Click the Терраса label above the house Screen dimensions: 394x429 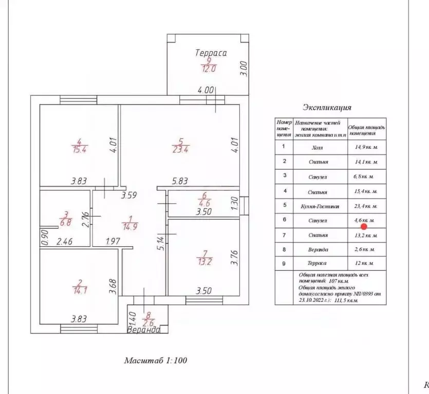pos(211,52)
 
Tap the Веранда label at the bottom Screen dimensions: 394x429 pos(144,330)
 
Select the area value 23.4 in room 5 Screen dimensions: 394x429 pos(180,149)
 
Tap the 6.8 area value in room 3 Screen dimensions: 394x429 pos(66,223)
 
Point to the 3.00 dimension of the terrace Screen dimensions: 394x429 pos(244,69)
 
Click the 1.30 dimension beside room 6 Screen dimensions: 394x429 pos(235,204)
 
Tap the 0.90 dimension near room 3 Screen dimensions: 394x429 pos(44,239)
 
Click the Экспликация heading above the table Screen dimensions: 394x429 pos(327,108)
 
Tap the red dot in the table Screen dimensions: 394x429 pos(364,226)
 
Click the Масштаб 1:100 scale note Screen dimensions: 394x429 pos(156,360)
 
